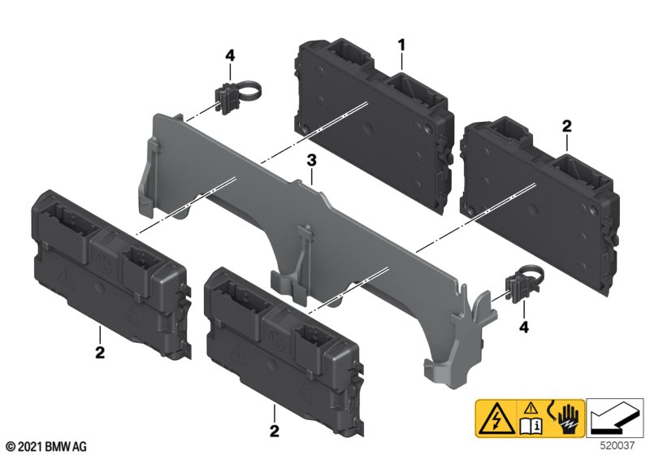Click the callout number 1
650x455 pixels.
point(401,45)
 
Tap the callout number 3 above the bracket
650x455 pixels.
point(311,160)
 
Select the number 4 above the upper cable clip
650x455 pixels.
point(230,54)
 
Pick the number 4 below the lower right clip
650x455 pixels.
point(524,327)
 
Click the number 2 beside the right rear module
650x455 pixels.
point(566,126)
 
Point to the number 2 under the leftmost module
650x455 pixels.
point(100,353)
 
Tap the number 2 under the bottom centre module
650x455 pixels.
point(275,431)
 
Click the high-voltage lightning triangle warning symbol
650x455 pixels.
point(496,418)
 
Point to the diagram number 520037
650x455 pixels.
point(617,445)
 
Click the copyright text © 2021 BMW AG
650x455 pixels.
point(47,447)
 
